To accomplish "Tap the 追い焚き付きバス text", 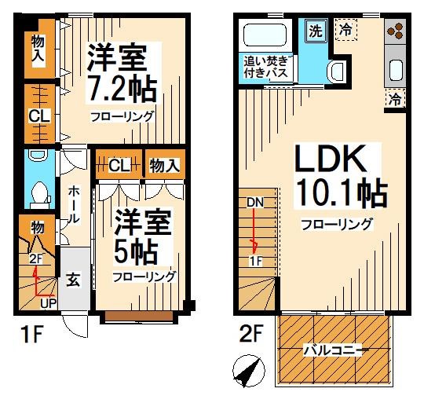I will pyautogui.click(x=269, y=66).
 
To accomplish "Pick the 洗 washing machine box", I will pyautogui.click(x=314, y=32).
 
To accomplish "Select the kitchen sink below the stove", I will pyautogui.click(x=395, y=68).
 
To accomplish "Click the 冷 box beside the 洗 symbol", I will pyautogui.click(x=345, y=30).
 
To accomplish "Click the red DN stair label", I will pyautogui.click(x=254, y=201).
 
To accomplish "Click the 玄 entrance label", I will pyautogui.click(x=71, y=277).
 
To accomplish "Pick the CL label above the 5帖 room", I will pyautogui.click(x=118, y=165).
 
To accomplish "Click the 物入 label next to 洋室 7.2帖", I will pyautogui.click(x=37, y=49).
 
